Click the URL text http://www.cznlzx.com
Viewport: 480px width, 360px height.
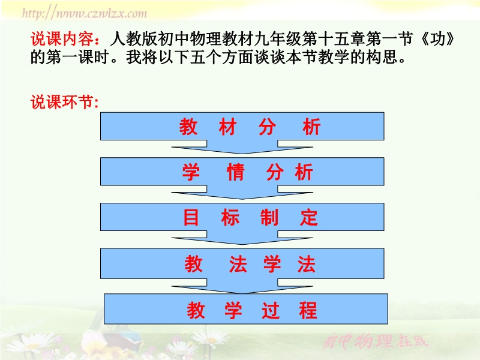tap(85, 13)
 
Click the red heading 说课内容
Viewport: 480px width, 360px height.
tap(62, 39)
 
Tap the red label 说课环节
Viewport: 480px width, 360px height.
tap(62, 101)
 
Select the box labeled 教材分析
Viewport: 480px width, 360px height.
tap(242, 126)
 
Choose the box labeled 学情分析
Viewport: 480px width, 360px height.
tap(242, 172)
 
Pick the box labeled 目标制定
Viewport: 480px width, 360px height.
tap(242, 217)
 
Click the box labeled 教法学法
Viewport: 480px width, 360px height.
tap(242, 263)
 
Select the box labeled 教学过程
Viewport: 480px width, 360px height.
tap(246, 308)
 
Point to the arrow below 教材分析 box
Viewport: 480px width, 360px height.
tap(242, 148)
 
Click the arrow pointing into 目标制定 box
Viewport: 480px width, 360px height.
tap(242, 193)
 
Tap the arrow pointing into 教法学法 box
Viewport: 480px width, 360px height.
tap(242, 238)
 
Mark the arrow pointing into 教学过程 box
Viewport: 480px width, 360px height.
tap(242, 287)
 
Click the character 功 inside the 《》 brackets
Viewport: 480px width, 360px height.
tap(438, 39)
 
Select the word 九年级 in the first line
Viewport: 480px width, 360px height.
tap(277, 39)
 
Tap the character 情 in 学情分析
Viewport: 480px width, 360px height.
tap(235, 172)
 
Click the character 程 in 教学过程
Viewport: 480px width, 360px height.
tap(308, 310)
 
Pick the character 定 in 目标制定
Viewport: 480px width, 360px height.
tap(309, 217)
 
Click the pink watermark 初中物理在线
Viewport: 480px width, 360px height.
tap(376, 341)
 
